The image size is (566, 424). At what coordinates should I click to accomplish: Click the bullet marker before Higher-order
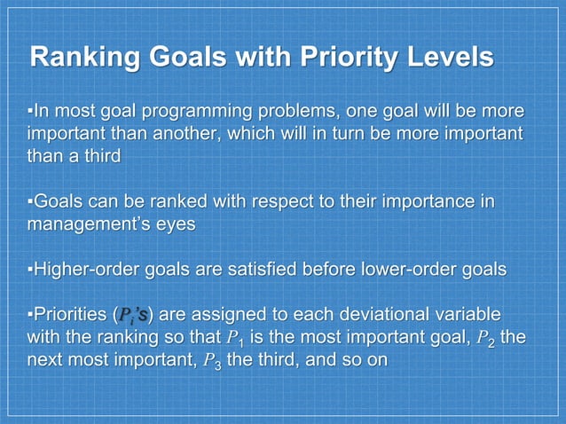click(30, 270)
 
